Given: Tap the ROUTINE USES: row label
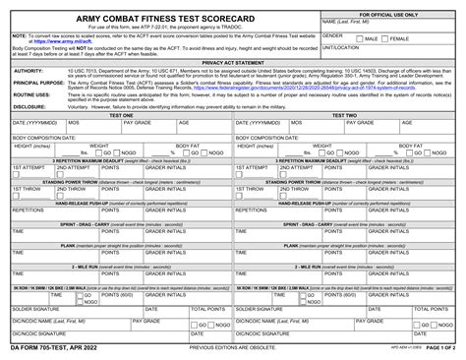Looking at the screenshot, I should pos(31,95).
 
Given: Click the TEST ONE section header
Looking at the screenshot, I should pos(120,114).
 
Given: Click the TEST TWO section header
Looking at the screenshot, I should pos(347,114).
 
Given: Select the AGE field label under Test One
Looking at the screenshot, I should pos(184,122).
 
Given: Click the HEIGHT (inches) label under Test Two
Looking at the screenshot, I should pos(259,145).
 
